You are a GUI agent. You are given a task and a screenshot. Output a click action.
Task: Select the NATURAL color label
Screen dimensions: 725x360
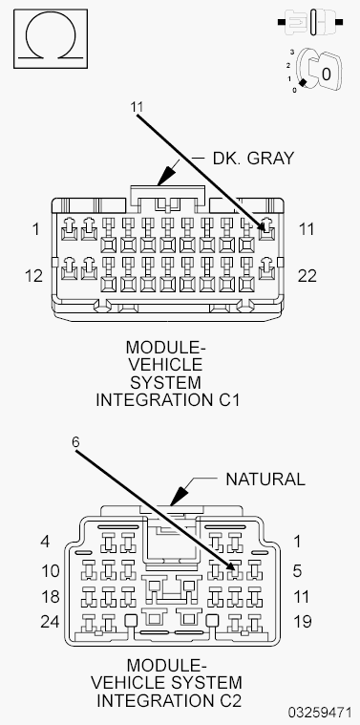pos(265,479)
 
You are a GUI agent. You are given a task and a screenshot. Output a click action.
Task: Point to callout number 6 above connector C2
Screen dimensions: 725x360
pos(76,442)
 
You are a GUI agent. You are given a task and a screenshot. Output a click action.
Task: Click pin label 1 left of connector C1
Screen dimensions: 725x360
pos(35,229)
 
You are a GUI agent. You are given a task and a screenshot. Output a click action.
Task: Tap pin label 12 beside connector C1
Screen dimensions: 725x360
pos(32,275)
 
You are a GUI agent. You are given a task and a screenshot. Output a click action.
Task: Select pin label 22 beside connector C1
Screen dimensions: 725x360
pos(307,275)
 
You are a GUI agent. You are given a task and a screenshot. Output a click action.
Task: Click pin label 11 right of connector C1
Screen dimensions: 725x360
pos(306,229)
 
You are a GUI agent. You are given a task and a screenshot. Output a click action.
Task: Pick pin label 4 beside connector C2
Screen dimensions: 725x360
pos(44,541)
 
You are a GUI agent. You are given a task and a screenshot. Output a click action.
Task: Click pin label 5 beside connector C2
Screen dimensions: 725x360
pos(297,571)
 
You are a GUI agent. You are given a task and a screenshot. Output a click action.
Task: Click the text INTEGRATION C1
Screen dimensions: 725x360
pos(167,400)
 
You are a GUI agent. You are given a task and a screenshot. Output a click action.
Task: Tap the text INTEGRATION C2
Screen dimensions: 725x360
pos(166,700)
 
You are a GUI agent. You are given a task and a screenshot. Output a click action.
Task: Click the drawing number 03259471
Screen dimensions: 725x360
pos(320,714)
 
